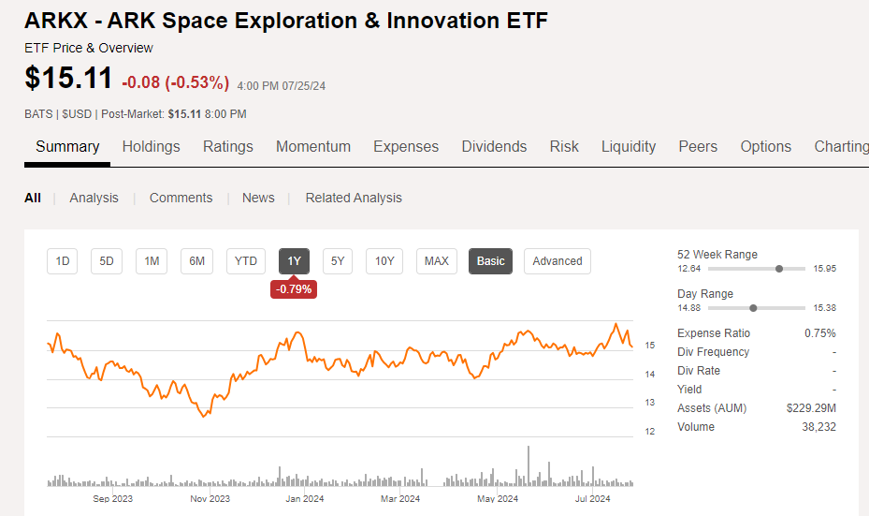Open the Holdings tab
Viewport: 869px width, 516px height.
(151, 146)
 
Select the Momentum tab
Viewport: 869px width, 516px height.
(313, 146)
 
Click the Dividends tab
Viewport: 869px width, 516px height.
(494, 146)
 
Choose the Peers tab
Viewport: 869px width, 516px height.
(698, 146)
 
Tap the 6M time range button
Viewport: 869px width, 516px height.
(196, 261)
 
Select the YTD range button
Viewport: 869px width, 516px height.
(245, 261)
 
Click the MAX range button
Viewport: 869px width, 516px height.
(436, 261)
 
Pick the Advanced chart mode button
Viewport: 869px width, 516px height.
(557, 261)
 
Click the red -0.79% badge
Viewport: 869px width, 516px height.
(294, 289)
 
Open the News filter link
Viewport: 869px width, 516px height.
(258, 199)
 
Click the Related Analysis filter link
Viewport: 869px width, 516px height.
(354, 199)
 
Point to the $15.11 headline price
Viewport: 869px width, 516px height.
(68, 78)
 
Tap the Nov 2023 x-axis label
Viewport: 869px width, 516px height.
(210, 499)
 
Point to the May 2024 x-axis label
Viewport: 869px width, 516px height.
(498, 499)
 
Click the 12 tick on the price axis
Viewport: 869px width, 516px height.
(649, 431)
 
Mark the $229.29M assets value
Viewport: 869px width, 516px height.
(811, 408)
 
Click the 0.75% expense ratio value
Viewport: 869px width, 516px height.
(820, 333)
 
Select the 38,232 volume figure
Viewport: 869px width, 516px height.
(818, 427)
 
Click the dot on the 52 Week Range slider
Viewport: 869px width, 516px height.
(779, 269)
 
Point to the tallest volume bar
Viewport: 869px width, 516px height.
(529, 466)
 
